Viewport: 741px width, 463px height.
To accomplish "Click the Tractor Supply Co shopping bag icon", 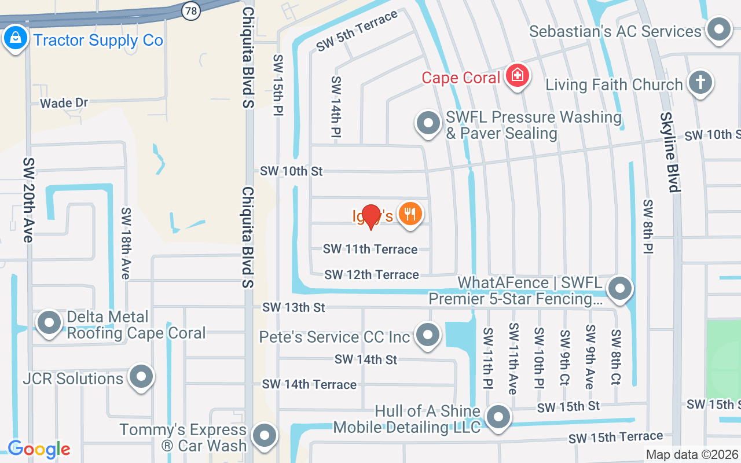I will coord(14,38).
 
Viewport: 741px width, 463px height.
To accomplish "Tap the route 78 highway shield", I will coord(190,10).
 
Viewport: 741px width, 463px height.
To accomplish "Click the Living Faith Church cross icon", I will coord(700,83).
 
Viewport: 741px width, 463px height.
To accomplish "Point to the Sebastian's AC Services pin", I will coord(719,30).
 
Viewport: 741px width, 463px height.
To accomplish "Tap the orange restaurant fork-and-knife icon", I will coord(410,215).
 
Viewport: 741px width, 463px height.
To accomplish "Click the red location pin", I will coord(370,216).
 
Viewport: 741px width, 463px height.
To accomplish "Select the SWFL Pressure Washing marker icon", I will coord(428,123).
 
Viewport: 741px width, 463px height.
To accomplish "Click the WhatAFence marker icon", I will coord(620,288).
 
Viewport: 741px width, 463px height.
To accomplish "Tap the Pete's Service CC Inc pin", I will coord(428,335).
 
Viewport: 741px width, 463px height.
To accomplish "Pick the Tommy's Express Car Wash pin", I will coord(265,436).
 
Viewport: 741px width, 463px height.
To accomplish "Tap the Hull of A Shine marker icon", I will coord(498,417).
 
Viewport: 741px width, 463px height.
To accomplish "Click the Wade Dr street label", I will coord(64,103).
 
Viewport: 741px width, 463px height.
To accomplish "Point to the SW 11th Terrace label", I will coord(370,249).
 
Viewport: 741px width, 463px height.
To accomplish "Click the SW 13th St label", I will coord(294,307).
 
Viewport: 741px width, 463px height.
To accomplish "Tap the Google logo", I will coord(39,449).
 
